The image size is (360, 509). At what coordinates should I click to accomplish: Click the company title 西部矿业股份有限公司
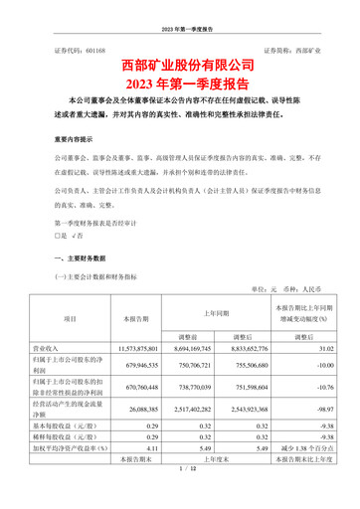pyautogui.click(x=180, y=67)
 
